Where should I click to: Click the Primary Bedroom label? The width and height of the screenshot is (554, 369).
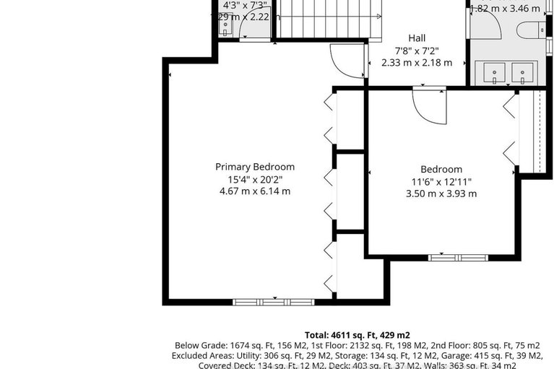click(254, 167)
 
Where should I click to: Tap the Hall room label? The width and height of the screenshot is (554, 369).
click(417, 38)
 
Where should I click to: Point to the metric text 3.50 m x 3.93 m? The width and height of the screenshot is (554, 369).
click(441, 194)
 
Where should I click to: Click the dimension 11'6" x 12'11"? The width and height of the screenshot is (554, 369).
click(441, 182)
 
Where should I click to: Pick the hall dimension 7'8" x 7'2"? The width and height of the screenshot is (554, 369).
click(417, 51)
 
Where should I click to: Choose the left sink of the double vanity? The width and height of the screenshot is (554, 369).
click(493, 73)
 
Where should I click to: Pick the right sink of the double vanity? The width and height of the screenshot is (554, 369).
click(523, 73)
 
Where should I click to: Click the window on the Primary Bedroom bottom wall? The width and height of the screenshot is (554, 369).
click(273, 302)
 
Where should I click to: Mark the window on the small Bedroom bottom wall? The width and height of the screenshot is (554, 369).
click(458, 257)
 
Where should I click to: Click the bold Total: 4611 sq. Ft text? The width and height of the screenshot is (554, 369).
click(357, 335)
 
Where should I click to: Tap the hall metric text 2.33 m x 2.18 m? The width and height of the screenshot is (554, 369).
click(417, 63)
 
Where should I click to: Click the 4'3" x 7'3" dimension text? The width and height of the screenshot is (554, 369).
click(244, 4)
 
